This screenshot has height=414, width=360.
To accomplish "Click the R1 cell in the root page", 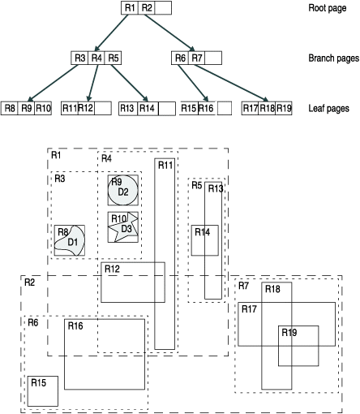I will click(x=129, y=8).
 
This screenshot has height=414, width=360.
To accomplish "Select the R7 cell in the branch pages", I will click(x=197, y=58).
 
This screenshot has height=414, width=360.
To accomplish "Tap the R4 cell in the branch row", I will click(x=96, y=58).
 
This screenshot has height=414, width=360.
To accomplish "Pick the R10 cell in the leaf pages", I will click(x=43, y=108).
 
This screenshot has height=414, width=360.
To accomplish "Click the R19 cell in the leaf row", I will click(x=284, y=108).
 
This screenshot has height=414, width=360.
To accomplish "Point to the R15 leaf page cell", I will click(x=188, y=108).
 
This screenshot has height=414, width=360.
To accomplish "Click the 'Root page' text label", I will click(x=327, y=8).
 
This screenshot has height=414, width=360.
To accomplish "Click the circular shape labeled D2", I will click(x=123, y=190).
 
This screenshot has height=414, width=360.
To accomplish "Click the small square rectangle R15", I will click(x=42, y=390).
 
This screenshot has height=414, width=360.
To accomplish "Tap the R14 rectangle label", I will click(x=201, y=232).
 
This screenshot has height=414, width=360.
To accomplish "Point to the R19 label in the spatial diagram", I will click(x=289, y=332).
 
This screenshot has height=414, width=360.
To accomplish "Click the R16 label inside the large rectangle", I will click(x=76, y=326).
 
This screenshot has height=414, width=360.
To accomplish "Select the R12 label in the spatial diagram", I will click(x=112, y=269).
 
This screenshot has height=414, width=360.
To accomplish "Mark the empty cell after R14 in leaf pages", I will click(x=167, y=108).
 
